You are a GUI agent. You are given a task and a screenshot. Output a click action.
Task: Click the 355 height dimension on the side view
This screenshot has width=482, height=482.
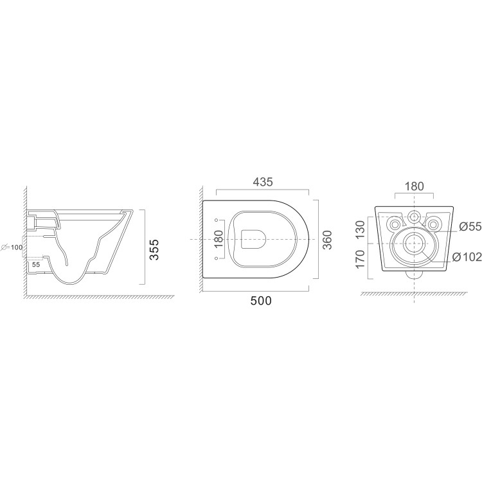(x=155, y=249)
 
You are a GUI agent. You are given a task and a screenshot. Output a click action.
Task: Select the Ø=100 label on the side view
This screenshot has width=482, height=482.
(x=12, y=247)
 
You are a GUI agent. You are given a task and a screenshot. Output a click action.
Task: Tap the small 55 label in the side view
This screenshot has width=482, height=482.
(x=36, y=264)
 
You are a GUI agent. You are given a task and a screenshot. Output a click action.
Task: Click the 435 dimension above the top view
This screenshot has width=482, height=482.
(x=262, y=182)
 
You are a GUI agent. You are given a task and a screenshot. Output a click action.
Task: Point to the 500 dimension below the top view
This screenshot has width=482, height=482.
(x=261, y=301)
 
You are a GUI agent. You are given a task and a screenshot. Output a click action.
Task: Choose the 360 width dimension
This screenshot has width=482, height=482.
(x=328, y=240)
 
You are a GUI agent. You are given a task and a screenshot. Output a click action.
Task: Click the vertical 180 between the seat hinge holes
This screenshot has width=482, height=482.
(x=219, y=239)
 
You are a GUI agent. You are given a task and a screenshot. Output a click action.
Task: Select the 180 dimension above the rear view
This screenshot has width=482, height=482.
(x=414, y=186)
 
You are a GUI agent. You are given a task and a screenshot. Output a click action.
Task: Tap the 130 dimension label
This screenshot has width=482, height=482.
(x=361, y=229)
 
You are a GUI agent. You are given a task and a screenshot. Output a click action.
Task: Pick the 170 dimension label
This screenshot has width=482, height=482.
(x=361, y=259)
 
